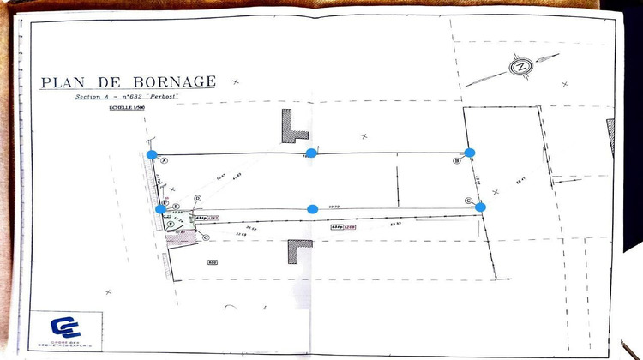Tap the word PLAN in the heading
pyautogui.click(x=61, y=83)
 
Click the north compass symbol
pyautogui.click(x=520, y=67)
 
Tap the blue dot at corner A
pyautogui.click(x=152, y=155)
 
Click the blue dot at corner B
pyautogui.click(x=470, y=153)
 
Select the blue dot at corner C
pyautogui.click(x=480, y=207)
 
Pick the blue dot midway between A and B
pyautogui.click(x=311, y=153)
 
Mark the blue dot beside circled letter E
pyautogui.click(x=160, y=208)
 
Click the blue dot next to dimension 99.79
pyautogui.click(x=312, y=209)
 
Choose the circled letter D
pyautogui.click(x=197, y=198)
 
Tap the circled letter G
pyautogui.click(x=206, y=237)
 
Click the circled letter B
pyautogui.click(x=457, y=160)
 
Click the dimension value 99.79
pyautogui.click(x=336, y=207)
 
